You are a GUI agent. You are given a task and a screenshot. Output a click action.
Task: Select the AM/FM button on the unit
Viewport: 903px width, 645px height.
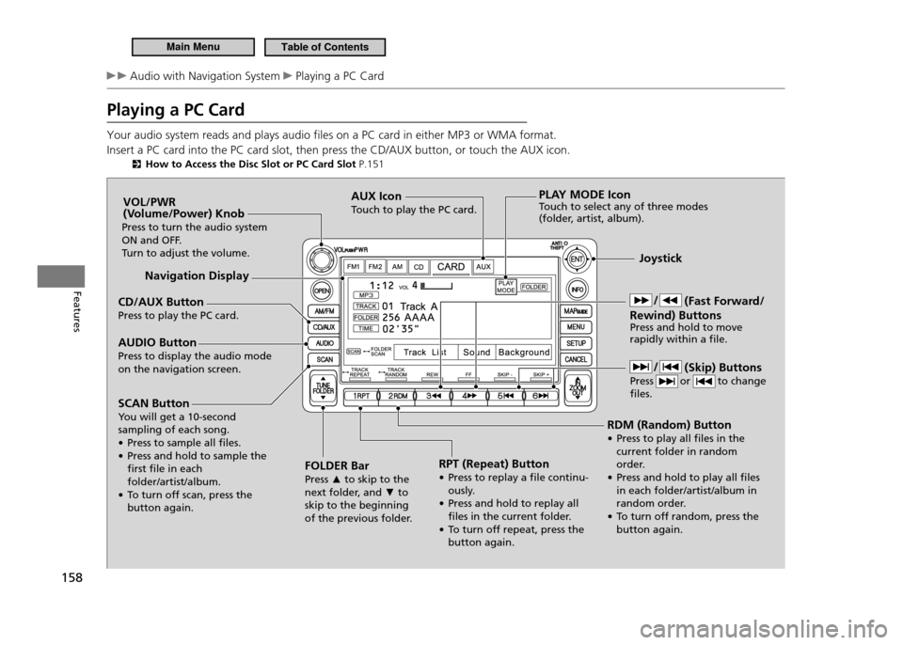(x=323, y=308)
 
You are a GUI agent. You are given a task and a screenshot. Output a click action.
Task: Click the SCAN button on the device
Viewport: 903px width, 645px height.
(x=323, y=360)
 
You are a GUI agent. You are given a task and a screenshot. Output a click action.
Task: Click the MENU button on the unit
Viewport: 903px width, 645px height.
(x=576, y=326)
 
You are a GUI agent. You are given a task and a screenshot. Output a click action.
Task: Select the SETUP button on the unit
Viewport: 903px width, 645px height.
(x=576, y=343)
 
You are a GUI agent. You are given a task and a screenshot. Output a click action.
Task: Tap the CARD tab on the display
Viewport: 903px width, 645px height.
(x=451, y=266)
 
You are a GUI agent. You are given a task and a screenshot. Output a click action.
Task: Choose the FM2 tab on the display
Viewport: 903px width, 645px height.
(x=374, y=266)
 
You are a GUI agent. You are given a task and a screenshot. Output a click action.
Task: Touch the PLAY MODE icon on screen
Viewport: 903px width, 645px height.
(x=506, y=286)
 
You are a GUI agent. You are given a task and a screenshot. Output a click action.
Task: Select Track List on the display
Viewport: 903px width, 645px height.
(x=424, y=353)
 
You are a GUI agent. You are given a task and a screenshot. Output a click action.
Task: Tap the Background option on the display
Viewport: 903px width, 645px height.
(x=524, y=353)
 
